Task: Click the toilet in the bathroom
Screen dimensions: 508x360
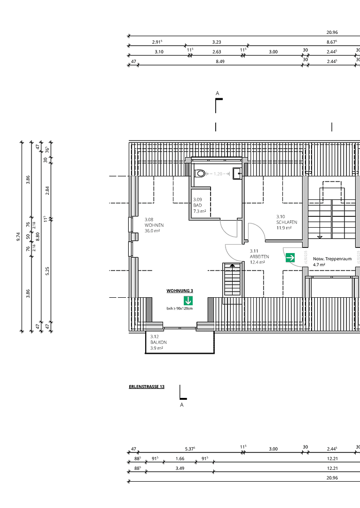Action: (201, 174)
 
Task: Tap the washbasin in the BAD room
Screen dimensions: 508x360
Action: (237, 173)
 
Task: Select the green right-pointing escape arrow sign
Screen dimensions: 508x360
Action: (290, 258)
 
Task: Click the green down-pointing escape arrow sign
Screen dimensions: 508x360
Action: (188, 301)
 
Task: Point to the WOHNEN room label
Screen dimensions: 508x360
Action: (154, 225)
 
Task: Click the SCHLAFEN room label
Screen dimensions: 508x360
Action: (287, 222)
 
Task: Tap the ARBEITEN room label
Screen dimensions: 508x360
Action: (259, 256)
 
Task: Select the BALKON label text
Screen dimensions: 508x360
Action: (158, 342)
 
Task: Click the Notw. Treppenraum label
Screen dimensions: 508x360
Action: (332, 259)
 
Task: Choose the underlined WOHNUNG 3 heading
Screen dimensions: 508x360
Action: (180, 291)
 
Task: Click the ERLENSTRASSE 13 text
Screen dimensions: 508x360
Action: (146, 387)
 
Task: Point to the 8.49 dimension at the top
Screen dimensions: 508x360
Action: (220, 61)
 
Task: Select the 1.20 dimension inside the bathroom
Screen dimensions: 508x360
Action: (218, 174)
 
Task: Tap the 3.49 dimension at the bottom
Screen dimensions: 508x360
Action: (179, 468)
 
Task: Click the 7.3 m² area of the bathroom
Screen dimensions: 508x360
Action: (200, 211)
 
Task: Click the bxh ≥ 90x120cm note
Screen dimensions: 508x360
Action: (180, 309)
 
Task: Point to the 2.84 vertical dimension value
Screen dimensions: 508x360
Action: (47, 190)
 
